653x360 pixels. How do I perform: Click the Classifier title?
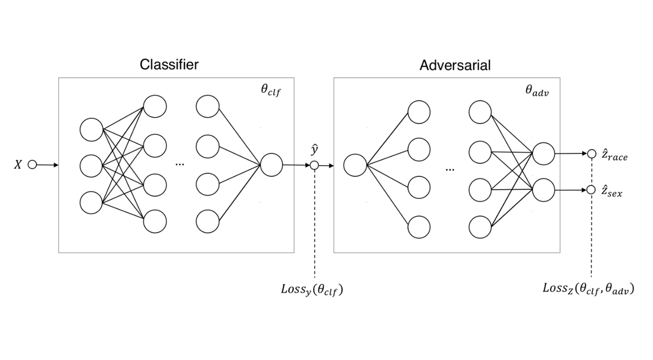click(x=169, y=65)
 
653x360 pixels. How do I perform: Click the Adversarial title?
click(x=455, y=65)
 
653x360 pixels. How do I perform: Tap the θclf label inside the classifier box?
click(x=271, y=90)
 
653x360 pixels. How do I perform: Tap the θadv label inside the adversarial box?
click(x=537, y=90)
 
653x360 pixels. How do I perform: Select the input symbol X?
click(x=18, y=165)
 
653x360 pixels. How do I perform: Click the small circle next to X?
click(x=33, y=165)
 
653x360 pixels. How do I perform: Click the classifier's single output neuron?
click(x=271, y=165)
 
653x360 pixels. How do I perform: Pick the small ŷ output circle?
click(x=314, y=165)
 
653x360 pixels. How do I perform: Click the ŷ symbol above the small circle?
click(x=315, y=150)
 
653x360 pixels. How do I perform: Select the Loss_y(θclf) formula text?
click(x=312, y=289)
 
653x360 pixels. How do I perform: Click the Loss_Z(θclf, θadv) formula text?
click(x=588, y=289)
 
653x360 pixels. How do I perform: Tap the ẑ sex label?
click(x=612, y=191)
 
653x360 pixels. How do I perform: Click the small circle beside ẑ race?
click(x=591, y=154)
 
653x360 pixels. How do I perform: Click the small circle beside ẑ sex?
click(x=591, y=190)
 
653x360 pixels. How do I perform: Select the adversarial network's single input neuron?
click(x=355, y=165)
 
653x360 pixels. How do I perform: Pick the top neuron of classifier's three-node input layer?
click(x=91, y=130)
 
